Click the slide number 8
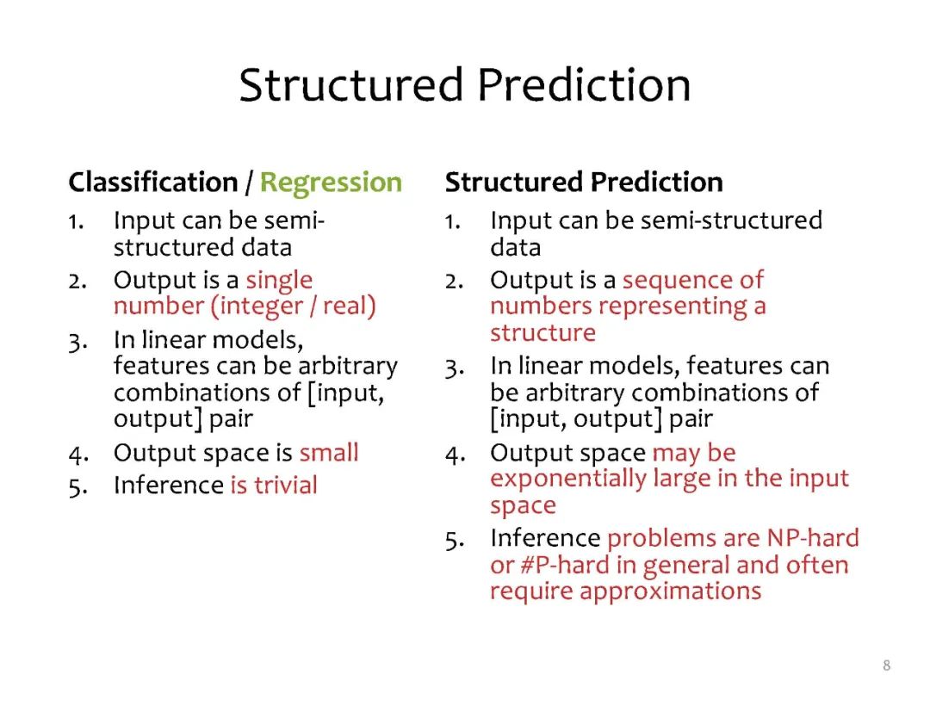(886, 665)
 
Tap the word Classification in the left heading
(153, 182)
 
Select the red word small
(329, 452)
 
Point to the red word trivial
(286, 485)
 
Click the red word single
(279, 281)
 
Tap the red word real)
(350, 306)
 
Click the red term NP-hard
(813, 538)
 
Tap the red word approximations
(670, 591)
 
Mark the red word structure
(542, 333)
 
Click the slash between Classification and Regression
(249, 183)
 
